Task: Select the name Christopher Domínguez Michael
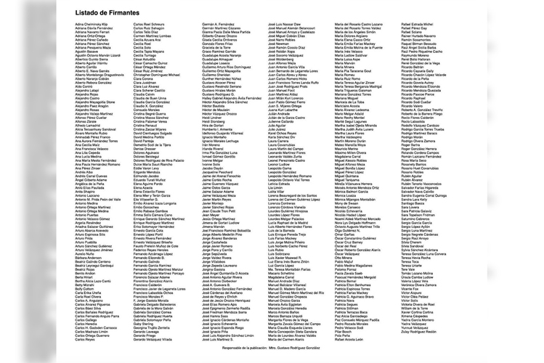(157, 75)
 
